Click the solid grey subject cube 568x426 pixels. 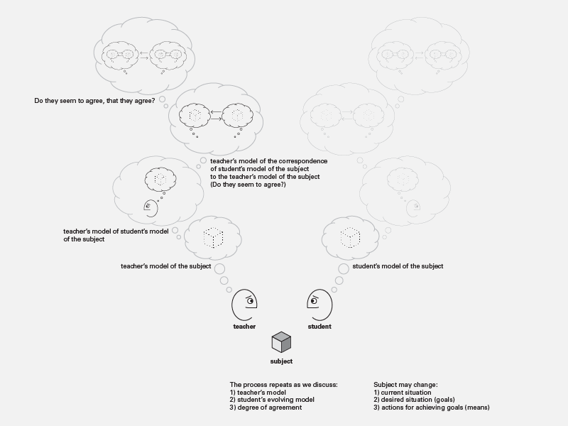[x=281, y=342]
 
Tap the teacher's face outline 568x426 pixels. [x=233, y=305]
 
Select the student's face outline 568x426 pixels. [x=331, y=305]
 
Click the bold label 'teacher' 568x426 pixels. [x=244, y=327]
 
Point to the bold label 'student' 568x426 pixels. [x=319, y=327]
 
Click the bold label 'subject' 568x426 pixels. [x=281, y=361]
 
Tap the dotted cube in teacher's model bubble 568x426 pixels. [x=213, y=238]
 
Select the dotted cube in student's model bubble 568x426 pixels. [x=350, y=238]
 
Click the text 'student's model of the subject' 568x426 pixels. [x=398, y=266]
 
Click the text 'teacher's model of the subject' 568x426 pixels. [x=166, y=266]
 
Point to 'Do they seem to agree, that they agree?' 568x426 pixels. [x=94, y=101]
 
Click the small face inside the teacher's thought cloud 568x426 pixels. [x=151, y=209]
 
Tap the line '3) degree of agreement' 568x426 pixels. [x=266, y=408]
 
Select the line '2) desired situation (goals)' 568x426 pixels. [x=414, y=400]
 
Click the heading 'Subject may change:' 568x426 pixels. [x=405, y=385]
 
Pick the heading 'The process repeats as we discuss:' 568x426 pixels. [x=283, y=385]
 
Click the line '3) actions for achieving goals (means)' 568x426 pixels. [x=432, y=408]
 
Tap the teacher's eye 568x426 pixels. [x=250, y=300]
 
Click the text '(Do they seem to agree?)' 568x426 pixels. [x=248, y=185]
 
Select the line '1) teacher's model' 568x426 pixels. [x=258, y=393]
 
